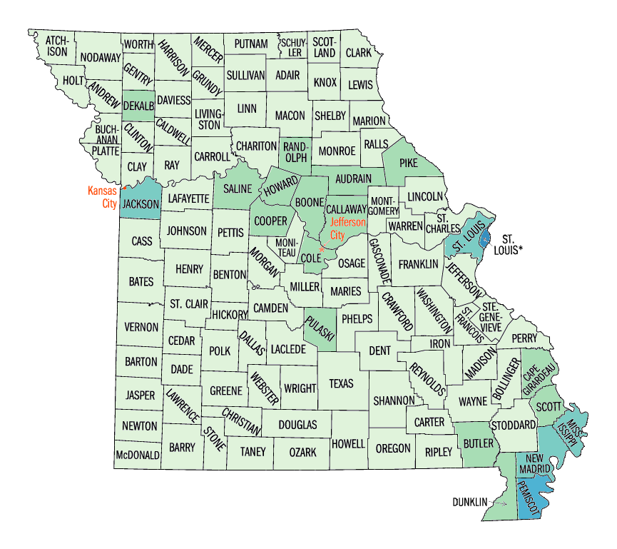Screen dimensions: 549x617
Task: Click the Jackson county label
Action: (x=141, y=204)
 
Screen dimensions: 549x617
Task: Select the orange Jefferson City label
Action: (x=348, y=228)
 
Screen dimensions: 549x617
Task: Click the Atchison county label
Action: (x=56, y=46)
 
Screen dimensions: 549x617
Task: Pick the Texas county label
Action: (x=341, y=383)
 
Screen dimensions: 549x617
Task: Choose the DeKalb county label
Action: (x=138, y=106)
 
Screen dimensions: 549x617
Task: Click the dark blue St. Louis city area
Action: (x=486, y=238)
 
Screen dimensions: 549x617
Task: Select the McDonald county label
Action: (x=138, y=454)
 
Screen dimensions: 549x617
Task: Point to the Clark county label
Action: (x=359, y=53)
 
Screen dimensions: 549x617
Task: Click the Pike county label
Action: (x=408, y=163)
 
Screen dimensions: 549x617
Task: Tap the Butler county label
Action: (x=478, y=443)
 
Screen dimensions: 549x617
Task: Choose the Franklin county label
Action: (x=419, y=264)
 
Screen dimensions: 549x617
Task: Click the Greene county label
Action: (x=225, y=391)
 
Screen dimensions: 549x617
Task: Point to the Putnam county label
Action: (x=251, y=44)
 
